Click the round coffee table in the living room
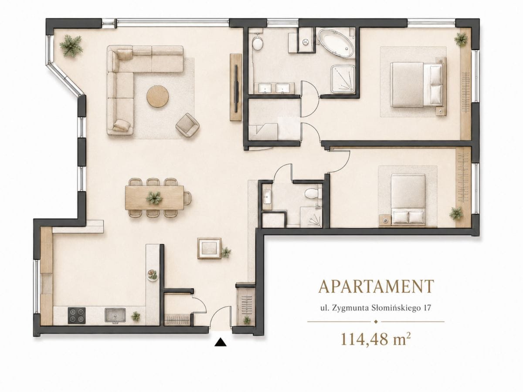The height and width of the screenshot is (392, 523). (x=157, y=97)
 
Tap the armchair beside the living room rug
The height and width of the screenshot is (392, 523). (x=187, y=125)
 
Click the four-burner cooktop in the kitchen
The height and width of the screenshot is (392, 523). (x=77, y=316)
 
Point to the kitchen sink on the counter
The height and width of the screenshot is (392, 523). (x=115, y=316)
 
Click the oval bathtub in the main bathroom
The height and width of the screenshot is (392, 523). (x=336, y=43)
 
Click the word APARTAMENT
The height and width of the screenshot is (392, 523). (x=376, y=286)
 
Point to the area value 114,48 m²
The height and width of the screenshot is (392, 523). (x=376, y=339)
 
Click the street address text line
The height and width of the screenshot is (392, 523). (x=376, y=308)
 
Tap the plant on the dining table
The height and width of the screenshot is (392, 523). (x=154, y=198)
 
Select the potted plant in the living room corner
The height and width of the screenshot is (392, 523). (x=71, y=45)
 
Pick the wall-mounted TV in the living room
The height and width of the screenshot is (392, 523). (x=236, y=88)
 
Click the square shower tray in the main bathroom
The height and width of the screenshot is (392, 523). (x=343, y=79)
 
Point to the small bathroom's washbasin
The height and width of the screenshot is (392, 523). (x=267, y=196)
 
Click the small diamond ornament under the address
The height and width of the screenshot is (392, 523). (x=376, y=322)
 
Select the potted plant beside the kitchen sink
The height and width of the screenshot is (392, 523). (x=136, y=316)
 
